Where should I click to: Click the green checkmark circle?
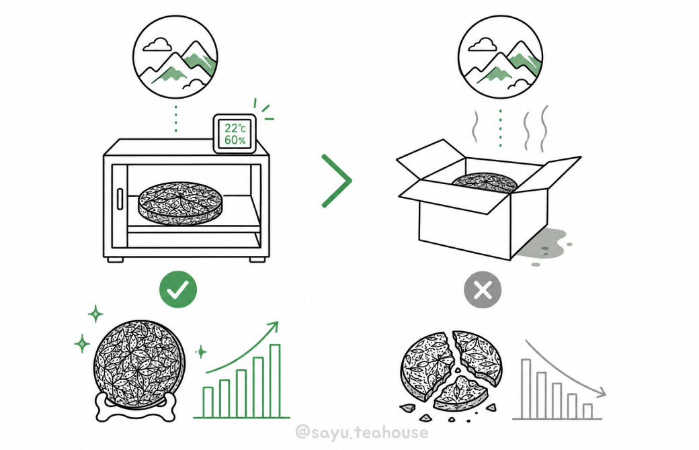pyautogui.click(x=178, y=289)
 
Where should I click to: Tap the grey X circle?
pyautogui.click(x=483, y=290)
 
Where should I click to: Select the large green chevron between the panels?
pyautogui.click(x=337, y=181)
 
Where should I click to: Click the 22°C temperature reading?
pyautogui.click(x=235, y=128)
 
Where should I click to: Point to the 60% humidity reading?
pyautogui.click(x=235, y=140)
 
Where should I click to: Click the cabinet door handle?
pyautogui.click(x=120, y=199)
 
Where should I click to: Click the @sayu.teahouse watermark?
pyautogui.click(x=362, y=432)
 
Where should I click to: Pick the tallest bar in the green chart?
pyautogui.click(x=275, y=381)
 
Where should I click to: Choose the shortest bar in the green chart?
pyautogui.click(x=208, y=402)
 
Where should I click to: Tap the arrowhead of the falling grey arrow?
pyautogui.click(x=601, y=392)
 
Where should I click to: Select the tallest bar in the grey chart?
pyautogui.click(x=526, y=389)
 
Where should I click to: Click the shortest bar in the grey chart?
pyautogui.click(x=587, y=411)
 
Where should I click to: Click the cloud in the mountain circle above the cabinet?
pyautogui.click(x=157, y=44)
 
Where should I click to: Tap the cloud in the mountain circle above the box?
pyautogui.click(x=483, y=44)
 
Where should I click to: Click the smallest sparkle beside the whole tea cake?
pyautogui.click(x=201, y=352)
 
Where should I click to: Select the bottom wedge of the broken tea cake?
pyautogui.click(x=460, y=394)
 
